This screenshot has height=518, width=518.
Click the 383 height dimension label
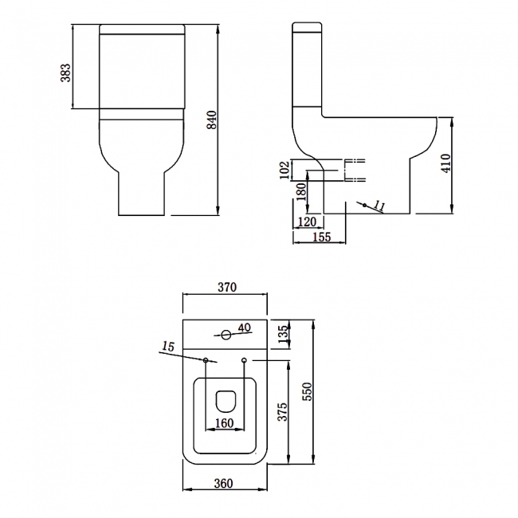coord(66,73)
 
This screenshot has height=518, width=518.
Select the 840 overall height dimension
coord(212,120)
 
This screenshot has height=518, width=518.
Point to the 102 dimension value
coord(285,170)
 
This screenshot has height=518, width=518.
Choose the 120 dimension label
coord(307,221)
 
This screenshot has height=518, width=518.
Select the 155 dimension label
coord(321,237)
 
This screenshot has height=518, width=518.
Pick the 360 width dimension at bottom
coord(224,483)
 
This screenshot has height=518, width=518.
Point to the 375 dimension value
coord(282,412)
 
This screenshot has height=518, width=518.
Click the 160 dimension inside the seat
coord(225,423)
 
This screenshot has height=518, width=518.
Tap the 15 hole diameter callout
coord(167,347)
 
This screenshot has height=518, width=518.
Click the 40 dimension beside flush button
coord(244,328)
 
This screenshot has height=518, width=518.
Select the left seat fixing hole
coord(206,361)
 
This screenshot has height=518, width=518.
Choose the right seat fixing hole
coord(244,361)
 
